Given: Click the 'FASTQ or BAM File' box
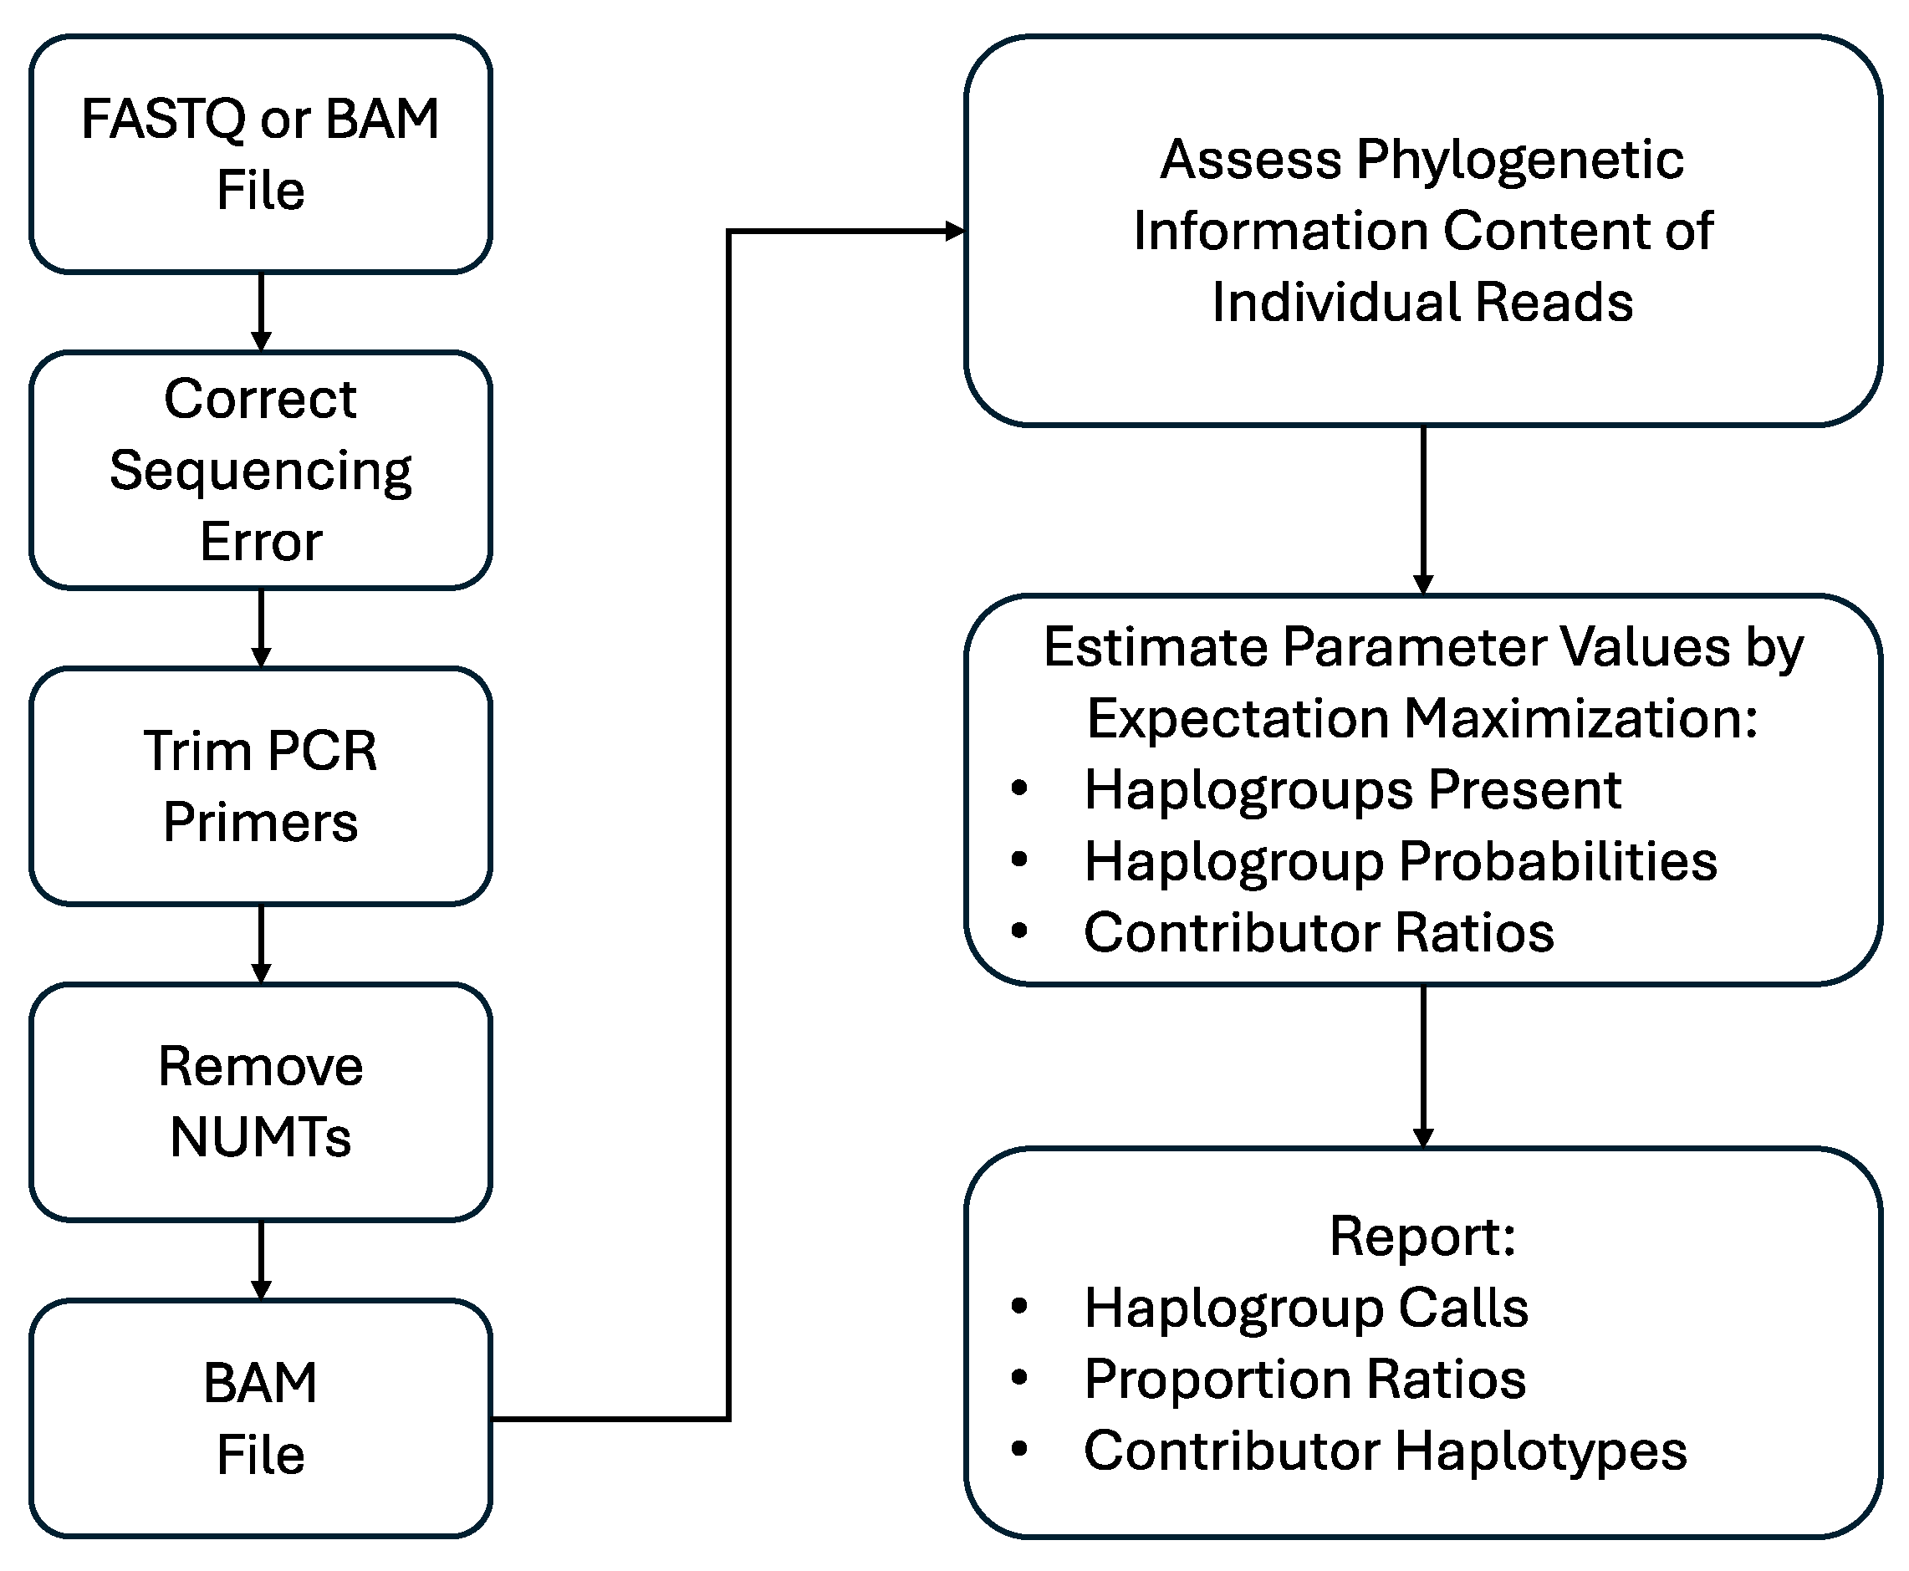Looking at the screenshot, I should coord(261,154).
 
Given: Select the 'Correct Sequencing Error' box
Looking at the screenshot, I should coord(261,470).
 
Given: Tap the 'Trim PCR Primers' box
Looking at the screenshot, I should coord(261,786).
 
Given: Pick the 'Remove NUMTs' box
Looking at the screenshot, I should coord(261,1101).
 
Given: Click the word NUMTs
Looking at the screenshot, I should coord(261,1138).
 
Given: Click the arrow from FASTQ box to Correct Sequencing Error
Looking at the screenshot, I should coord(261,311).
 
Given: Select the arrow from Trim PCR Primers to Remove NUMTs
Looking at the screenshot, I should coord(261,943).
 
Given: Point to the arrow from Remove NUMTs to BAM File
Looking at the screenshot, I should coord(261,1260).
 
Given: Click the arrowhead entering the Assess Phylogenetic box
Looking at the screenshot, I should coord(954,232).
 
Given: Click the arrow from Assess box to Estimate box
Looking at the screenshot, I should coord(1422,508).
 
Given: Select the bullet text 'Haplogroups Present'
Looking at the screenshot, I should coord(1351,790).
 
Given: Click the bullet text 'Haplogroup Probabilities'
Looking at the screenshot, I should coord(1400,860).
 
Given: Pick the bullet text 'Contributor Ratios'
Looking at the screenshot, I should coord(1318,932).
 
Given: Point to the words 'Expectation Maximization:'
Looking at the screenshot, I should coord(1422,718).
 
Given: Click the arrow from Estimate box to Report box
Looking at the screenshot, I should coord(1422,1065).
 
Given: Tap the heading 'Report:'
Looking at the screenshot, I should coord(1422,1237).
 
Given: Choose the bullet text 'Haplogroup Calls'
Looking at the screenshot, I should coord(1305,1308).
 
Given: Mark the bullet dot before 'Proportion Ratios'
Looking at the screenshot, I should coord(1019,1378).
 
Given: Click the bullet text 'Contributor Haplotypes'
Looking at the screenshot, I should coord(1385,1451).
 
